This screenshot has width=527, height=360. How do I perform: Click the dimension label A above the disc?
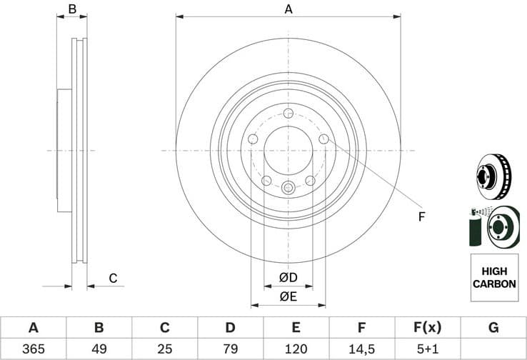point(288,9)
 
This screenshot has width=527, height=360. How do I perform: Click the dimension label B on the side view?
point(71,9)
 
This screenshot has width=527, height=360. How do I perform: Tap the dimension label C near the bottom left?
point(112,279)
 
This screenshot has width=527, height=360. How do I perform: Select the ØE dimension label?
point(288,296)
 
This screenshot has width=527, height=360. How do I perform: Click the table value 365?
point(33,349)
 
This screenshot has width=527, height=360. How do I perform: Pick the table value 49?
point(99,349)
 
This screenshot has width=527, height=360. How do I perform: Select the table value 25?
point(164,349)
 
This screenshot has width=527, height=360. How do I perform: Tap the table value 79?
point(230,349)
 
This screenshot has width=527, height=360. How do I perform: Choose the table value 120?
point(296,349)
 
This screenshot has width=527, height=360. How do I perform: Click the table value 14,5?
point(361,349)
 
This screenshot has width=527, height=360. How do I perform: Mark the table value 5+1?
point(427,349)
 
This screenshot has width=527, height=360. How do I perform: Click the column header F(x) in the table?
point(427,328)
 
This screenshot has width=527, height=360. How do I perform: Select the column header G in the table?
point(493,328)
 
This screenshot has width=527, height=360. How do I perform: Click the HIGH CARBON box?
point(493,278)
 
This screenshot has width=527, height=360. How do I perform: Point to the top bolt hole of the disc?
point(288,114)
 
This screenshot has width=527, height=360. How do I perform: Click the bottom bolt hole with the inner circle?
point(288,188)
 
